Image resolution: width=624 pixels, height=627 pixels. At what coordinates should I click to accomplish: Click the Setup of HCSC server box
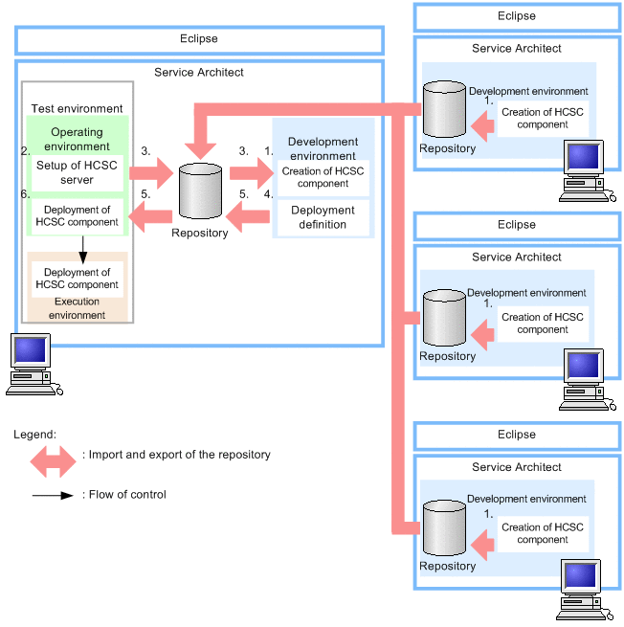pyautogui.click(x=77, y=173)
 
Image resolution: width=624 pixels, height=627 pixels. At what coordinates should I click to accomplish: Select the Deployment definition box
pyautogui.click(x=323, y=217)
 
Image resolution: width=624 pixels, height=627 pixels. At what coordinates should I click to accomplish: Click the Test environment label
pyautogui.click(x=77, y=109)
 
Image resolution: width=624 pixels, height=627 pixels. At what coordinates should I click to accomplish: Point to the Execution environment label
pyautogui.click(x=78, y=308)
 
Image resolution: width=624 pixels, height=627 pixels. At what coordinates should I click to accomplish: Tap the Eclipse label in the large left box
pyautogui.click(x=199, y=39)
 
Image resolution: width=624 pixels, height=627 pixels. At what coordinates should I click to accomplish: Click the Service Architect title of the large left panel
pyautogui.click(x=199, y=73)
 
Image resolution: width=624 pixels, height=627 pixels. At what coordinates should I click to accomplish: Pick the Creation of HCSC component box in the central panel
pyautogui.click(x=323, y=177)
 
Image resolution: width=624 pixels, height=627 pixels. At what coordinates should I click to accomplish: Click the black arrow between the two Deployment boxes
pyautogui.click(x=83, y=248)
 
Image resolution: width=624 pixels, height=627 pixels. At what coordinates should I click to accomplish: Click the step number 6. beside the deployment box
pyautogui.click(x=24, y=193)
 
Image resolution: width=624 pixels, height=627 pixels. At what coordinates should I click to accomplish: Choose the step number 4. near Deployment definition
pyautogui.click(x=268, y=193)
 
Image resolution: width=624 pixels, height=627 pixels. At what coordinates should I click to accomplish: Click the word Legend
pyautogui.click(x=34, y=434)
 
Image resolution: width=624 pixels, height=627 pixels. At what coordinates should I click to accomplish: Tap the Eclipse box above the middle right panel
pyautogui.click(x=517, y=225)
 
